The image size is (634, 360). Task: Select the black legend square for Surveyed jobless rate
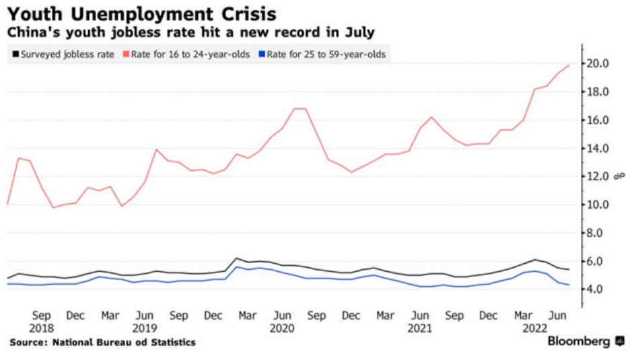coord(14,55)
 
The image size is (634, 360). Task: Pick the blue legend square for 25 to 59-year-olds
coord(261,55)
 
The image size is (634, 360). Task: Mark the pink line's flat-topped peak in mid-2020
coord(300,108)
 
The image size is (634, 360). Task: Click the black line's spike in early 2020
coord(236,258)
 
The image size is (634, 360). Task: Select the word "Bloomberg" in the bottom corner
coord(579,342)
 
